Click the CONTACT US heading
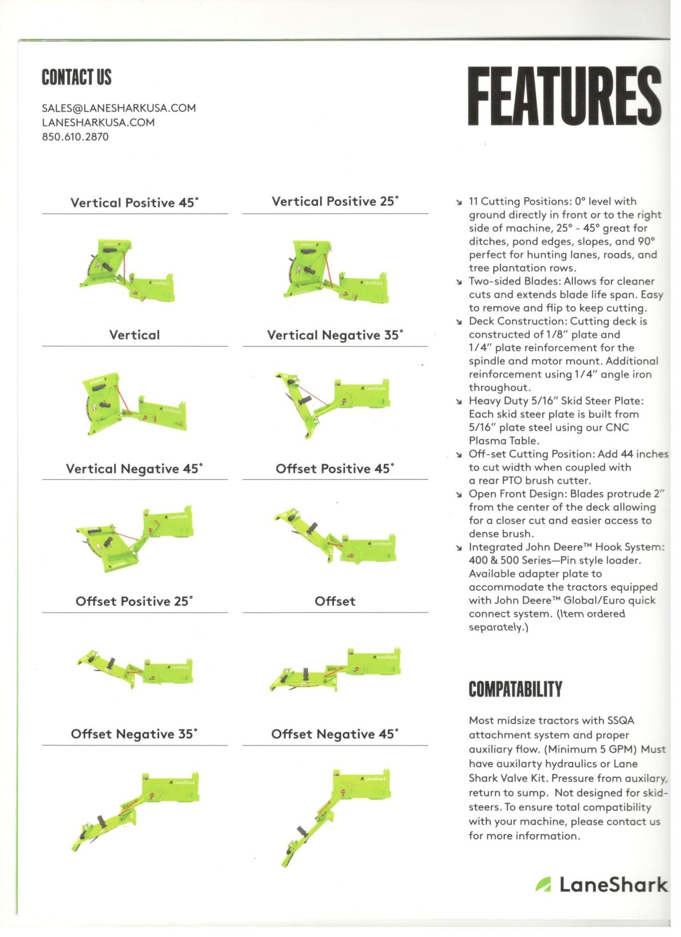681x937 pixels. (77, 78)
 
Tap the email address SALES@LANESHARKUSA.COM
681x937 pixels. (119, 108)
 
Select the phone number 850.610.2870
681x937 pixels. (75, 137)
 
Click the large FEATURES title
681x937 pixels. (564, 96)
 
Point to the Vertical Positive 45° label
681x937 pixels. (135, 202)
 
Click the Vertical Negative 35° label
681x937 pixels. (335, 335)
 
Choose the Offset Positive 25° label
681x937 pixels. (135, 601)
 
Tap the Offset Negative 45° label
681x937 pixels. (335, 734)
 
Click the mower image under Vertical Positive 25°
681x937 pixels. (336, 272)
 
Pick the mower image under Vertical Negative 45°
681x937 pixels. (135, 539)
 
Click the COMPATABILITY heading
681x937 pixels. (515, 689)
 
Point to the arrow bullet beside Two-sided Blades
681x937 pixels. (459, 282)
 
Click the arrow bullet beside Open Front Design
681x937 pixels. (459, 495)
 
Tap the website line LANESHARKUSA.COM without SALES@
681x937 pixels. (98, 123)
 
